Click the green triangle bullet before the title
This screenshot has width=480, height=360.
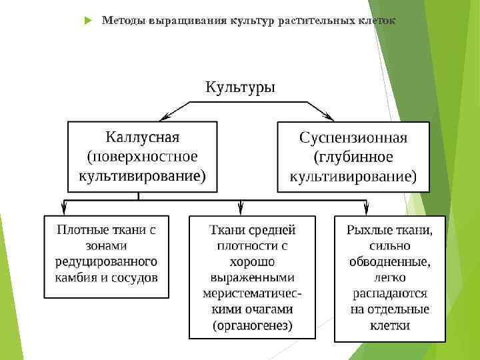tap(88, 21)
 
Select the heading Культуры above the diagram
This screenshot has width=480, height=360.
tap(240, 87)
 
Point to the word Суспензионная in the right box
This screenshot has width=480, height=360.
tap(353, 138)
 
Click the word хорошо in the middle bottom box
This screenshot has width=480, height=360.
tap(251, 261)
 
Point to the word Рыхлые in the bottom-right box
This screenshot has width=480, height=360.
tap(367, 230)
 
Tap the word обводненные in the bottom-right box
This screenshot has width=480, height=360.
tap(390, 261)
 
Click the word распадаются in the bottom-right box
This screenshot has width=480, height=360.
tap(390, 293)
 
